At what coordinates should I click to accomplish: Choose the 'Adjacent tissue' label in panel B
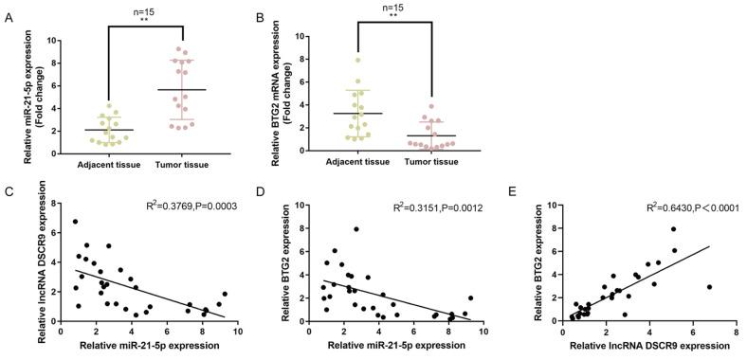pyautogui.click(x=357, y=164)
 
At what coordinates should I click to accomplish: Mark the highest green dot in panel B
pyautogui.click(x=357, y=61)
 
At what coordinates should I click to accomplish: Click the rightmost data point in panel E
pyautogui.click(x=709, y=286)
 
